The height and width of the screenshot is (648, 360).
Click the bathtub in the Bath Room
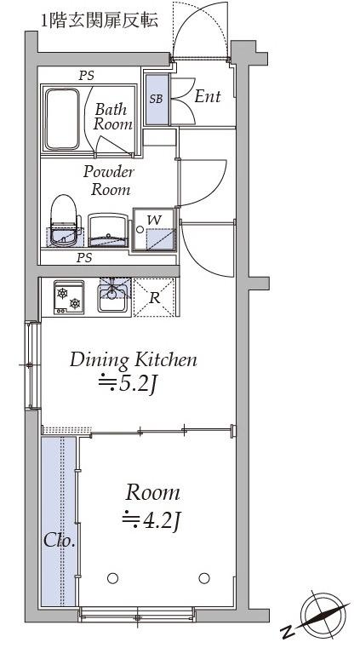point(62,119)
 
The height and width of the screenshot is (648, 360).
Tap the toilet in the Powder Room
point(64,221)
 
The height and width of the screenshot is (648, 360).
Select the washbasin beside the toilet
point(108,230)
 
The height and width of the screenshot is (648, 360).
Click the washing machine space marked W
point(154,229)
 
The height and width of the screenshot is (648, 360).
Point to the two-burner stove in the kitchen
point(69,297)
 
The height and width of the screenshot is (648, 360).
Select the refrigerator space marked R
point(154,297)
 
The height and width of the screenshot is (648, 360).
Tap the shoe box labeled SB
point(157,99)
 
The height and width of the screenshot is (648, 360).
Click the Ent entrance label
point(208,97)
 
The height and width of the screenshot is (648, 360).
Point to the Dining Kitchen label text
point(134,360)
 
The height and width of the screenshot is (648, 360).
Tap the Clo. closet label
point(60,541)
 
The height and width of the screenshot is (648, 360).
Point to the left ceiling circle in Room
point(112,578)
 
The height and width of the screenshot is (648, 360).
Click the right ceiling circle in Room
point(204,578)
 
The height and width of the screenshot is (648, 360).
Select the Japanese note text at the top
point(99,20)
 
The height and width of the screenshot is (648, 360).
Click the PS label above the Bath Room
point(87,76)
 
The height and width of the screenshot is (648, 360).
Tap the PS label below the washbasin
point(84,258)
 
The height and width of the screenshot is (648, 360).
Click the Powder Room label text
point(109,181)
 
